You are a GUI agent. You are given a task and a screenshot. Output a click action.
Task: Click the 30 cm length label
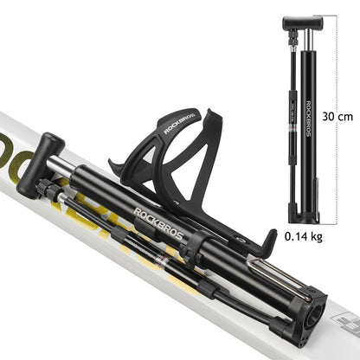click(x=337, y=115)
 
